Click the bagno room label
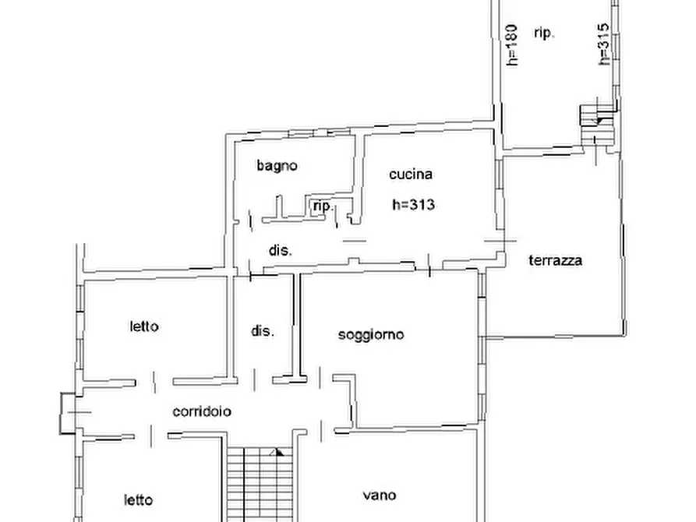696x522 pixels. (277, 165)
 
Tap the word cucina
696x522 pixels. (411, 175)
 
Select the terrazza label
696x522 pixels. (556, 260)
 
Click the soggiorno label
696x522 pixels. (371, 334)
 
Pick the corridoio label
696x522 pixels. (202, 411)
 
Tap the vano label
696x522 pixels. (379, 495)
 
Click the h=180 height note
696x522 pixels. (511, 45)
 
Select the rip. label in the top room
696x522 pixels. (544, 33)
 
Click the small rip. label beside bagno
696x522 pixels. (323, 206)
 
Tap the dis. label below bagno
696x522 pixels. (281, 251)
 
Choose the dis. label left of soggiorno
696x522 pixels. (263, 330)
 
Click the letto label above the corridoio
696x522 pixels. (144, 326)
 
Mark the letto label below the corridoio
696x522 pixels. (138, 499)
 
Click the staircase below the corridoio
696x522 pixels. (256, 483)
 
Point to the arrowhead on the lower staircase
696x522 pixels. (277, 451)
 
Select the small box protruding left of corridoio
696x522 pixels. (66, 412)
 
